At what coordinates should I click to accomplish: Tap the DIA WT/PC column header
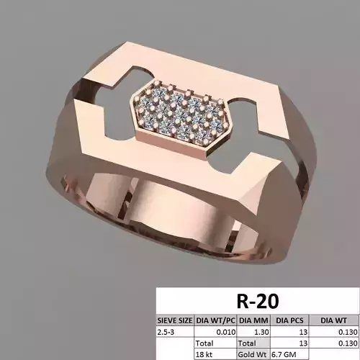[215, 320]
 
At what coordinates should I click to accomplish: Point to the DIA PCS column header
[291, 320]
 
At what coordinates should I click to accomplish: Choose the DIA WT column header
[336, 320]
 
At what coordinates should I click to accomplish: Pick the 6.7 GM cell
[288, 354]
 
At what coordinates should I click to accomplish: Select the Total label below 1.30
[247, 343]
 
